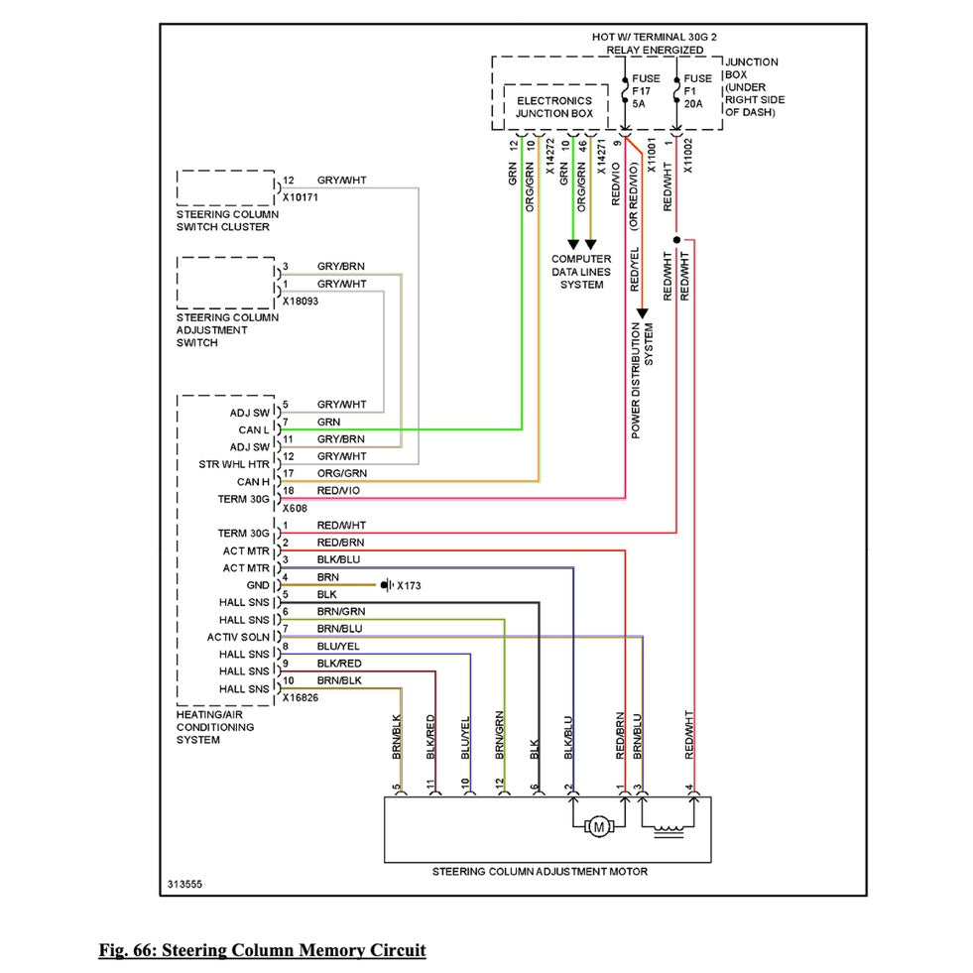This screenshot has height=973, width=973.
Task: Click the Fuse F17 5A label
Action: (x=644, y=89)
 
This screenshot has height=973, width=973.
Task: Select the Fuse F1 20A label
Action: (x=697, y=89)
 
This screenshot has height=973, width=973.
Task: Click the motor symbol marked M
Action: (x=598, y=825)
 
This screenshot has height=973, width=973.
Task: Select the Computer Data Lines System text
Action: (x=581, y=272)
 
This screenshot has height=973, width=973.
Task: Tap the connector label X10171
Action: (x=302, y=197)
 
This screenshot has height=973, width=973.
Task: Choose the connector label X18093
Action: (x=300, y=301)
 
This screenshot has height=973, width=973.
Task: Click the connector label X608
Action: (x=294, y=508)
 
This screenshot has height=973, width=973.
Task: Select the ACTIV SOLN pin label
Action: (x=238, y=637)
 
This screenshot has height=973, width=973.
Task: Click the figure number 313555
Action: (x=186, y=882)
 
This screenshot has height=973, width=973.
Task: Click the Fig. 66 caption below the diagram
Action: (x=262, y=950)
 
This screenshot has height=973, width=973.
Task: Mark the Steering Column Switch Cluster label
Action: (x=227, y=220)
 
